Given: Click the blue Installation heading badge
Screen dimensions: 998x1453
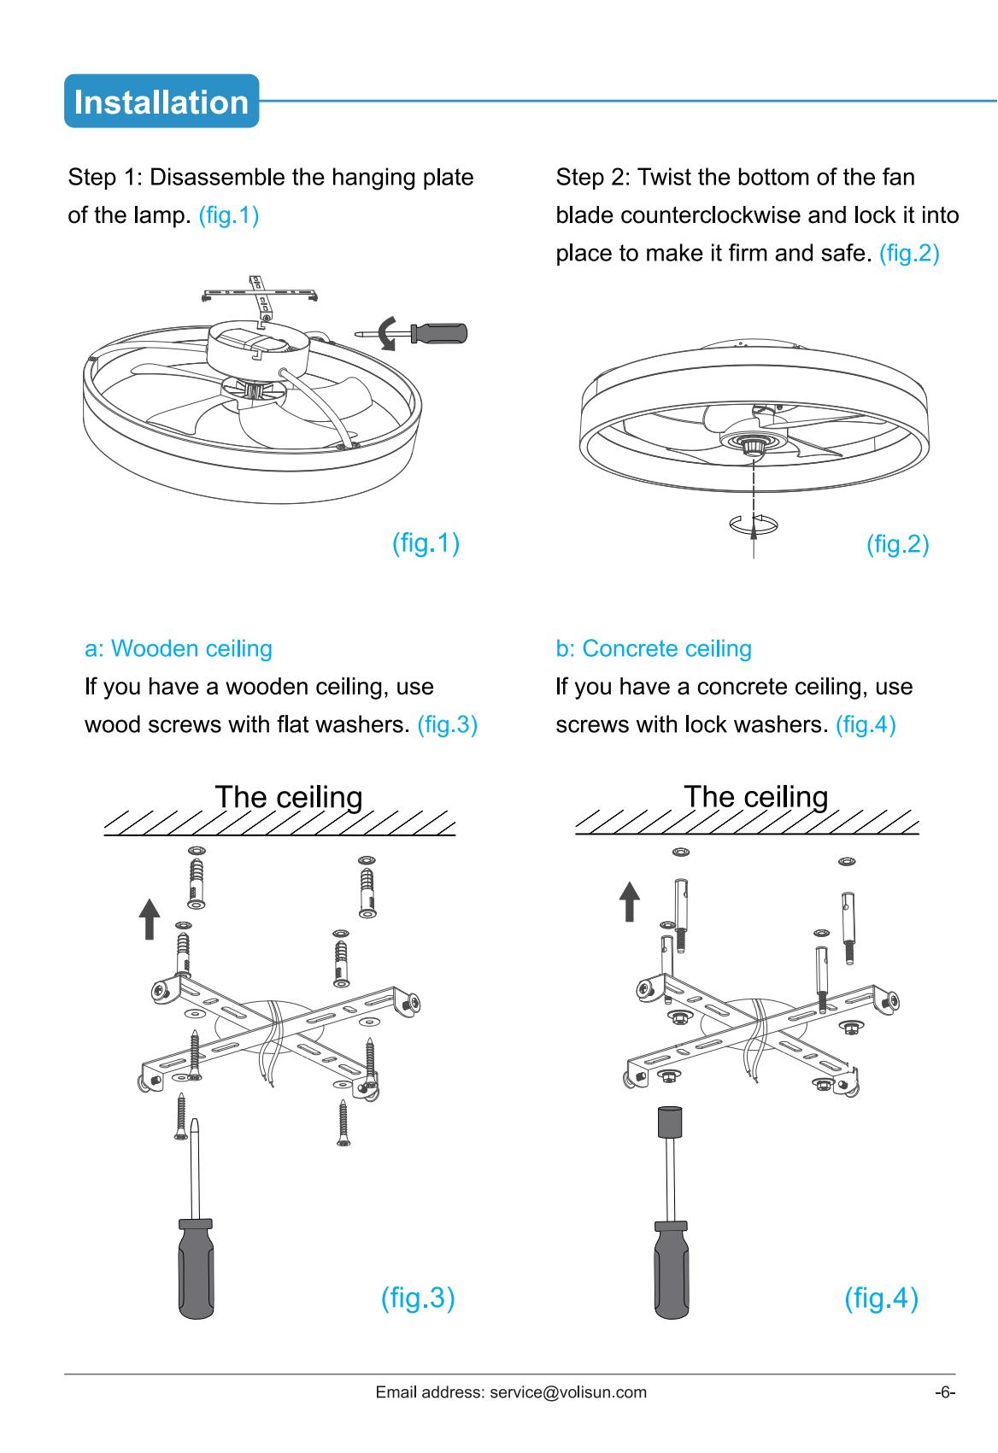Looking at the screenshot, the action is (161, 101).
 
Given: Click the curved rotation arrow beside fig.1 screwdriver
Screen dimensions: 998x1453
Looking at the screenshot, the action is (387, 333).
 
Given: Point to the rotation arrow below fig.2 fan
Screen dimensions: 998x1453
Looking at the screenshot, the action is (754, 524).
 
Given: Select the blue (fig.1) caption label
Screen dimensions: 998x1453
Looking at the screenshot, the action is (426, 543).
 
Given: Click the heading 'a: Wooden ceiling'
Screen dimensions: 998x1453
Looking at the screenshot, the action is (179, 648).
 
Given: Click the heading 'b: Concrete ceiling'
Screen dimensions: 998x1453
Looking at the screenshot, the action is (654, 648).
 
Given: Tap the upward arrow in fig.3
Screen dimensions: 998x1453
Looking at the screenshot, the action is (150, 918).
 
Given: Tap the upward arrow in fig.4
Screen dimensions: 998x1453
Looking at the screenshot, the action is (630, 901).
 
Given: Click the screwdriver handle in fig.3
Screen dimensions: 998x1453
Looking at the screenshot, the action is (196, 1268).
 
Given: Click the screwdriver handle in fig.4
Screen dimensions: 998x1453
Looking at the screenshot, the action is (672, 1270).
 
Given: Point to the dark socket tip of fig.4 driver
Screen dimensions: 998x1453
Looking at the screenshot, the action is (670, 1122).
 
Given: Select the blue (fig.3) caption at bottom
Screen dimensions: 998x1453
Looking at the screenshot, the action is (418, 1298).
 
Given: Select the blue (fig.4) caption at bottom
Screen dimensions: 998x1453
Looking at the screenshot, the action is (881, 1298).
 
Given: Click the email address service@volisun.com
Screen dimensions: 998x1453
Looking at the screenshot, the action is (568, 1392).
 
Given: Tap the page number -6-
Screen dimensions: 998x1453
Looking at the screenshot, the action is (945, 1392).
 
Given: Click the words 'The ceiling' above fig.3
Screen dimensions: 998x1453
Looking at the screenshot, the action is (289, 797).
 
